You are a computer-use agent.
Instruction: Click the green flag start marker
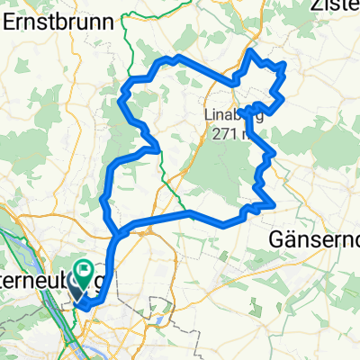(x=84, y=269)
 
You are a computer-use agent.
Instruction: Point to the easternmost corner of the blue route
(x=285, y=66)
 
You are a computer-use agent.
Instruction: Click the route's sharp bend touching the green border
(x=157, y=146)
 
